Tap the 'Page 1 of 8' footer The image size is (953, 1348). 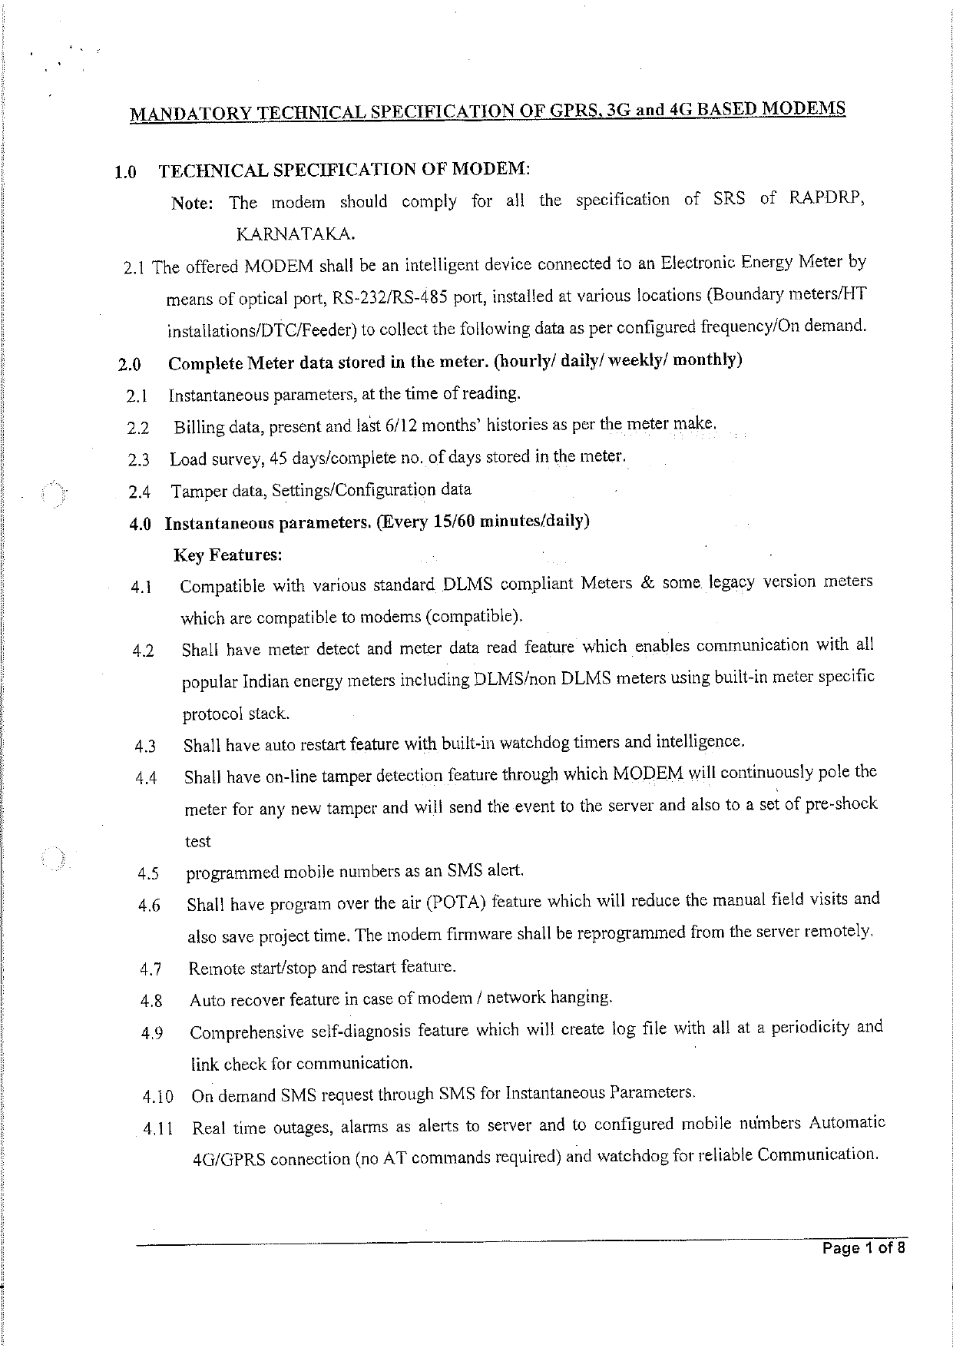pyautogui.click(x=864, y=1247)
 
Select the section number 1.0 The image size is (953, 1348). pyautogui.click(x=125, y=172)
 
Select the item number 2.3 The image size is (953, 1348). pyautogui.click(x=139, y=460)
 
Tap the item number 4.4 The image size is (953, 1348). pyautogui.click(x=146, y=778)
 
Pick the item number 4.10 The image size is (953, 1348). pyautogui.click(x=157, y=1097)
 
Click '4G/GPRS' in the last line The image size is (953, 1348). pyautogui.click(x=228, y=1159)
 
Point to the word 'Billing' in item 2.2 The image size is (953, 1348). pyautogui.click(x=197, y=427)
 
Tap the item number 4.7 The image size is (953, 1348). pyautogui.click(x=151, y=969)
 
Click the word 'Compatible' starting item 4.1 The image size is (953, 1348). pyautogui.click(x=223, y=587)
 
